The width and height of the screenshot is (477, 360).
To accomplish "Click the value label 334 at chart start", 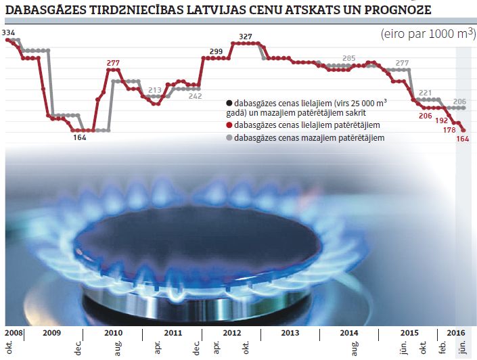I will click(x=9, y=32).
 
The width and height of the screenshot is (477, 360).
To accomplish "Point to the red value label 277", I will click(x=113, y=62).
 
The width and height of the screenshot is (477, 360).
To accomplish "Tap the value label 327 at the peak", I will click(x=246, y=37).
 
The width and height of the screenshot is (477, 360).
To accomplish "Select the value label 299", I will click(x=217, y=51).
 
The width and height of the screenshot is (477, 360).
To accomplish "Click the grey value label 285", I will click(x=349, y=58).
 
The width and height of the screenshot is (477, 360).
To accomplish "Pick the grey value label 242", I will click(x=195, y=96).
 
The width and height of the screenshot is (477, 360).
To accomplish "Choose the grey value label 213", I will click(x=154, y=89).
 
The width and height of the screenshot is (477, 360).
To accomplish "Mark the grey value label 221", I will click(x=426, y=93).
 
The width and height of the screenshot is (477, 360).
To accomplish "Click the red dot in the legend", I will click(x=229, y=125).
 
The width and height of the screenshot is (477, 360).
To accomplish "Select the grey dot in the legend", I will click(x=229, y=138).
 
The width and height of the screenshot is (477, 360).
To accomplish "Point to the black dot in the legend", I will click(x=229, y=104).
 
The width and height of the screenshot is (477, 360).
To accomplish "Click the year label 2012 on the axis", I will click(x=231, y=333).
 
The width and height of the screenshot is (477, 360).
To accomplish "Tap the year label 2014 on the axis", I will click(x=348, y=333).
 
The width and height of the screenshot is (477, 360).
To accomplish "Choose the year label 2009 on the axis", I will click(x=51, y=333).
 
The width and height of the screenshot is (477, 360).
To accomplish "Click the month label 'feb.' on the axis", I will click(x=442, y=346).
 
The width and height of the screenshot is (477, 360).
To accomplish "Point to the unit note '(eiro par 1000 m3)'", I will click(x=426, y=34).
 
